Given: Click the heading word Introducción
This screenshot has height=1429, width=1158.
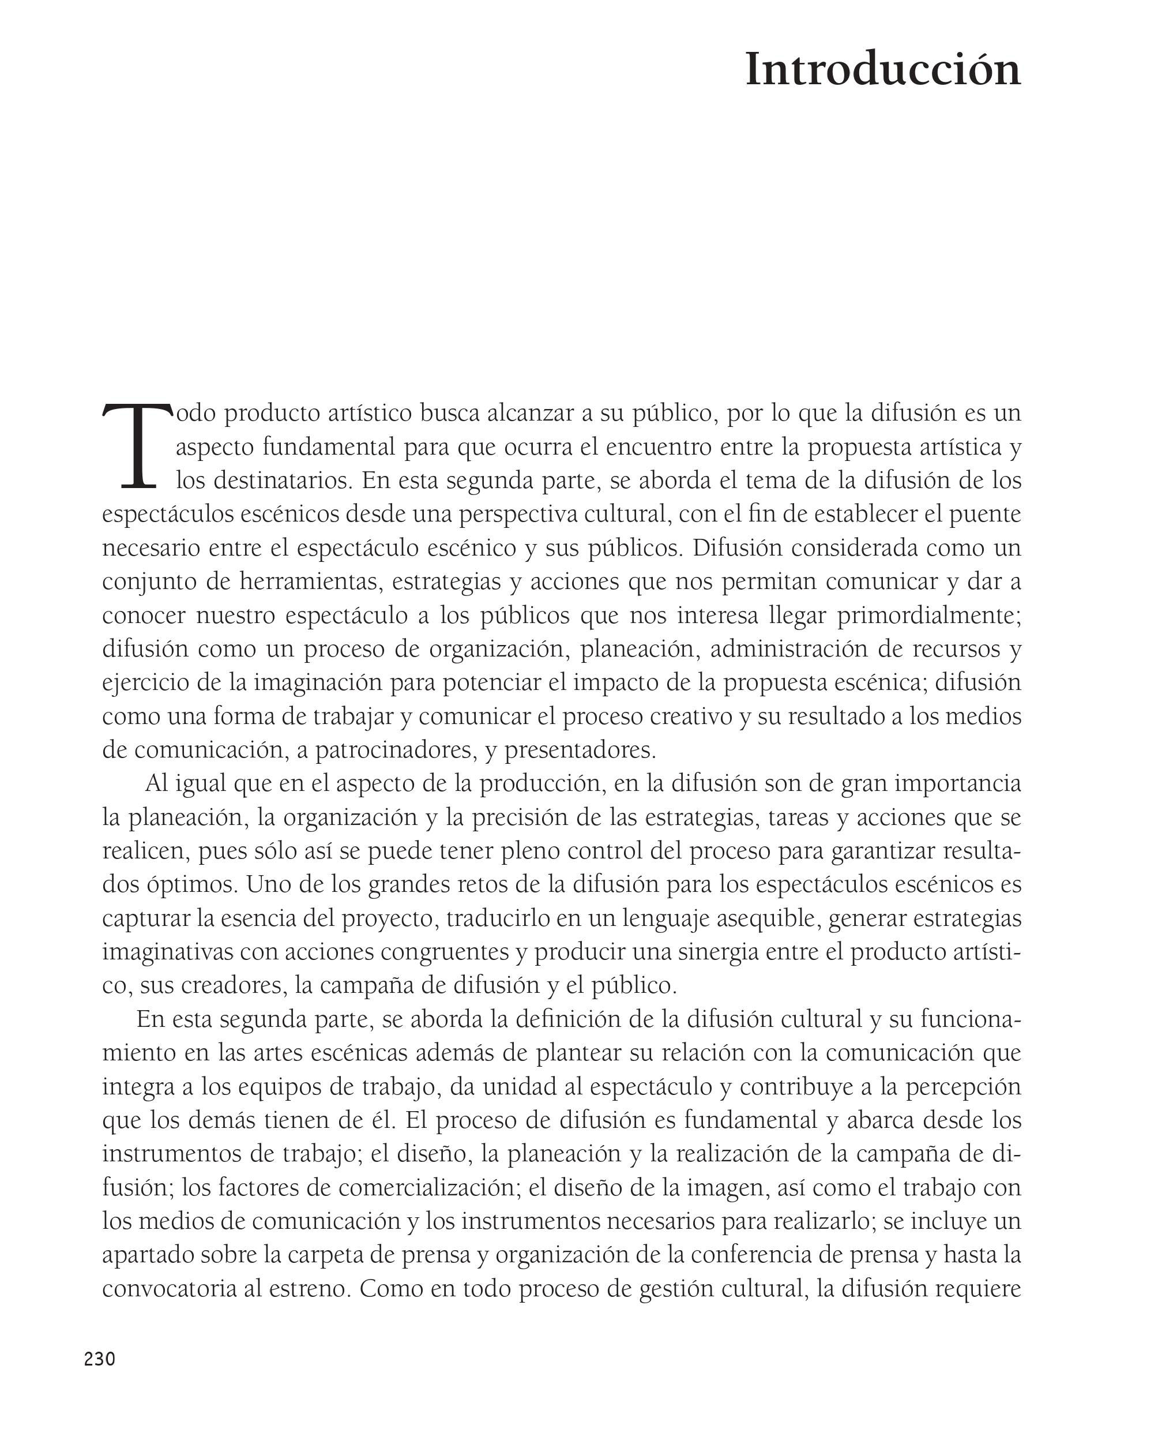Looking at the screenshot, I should [x=882, y=69].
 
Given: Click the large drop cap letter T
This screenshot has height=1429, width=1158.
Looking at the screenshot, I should [x=137, y=445].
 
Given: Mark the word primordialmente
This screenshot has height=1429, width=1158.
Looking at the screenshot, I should [x=929, y=615].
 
